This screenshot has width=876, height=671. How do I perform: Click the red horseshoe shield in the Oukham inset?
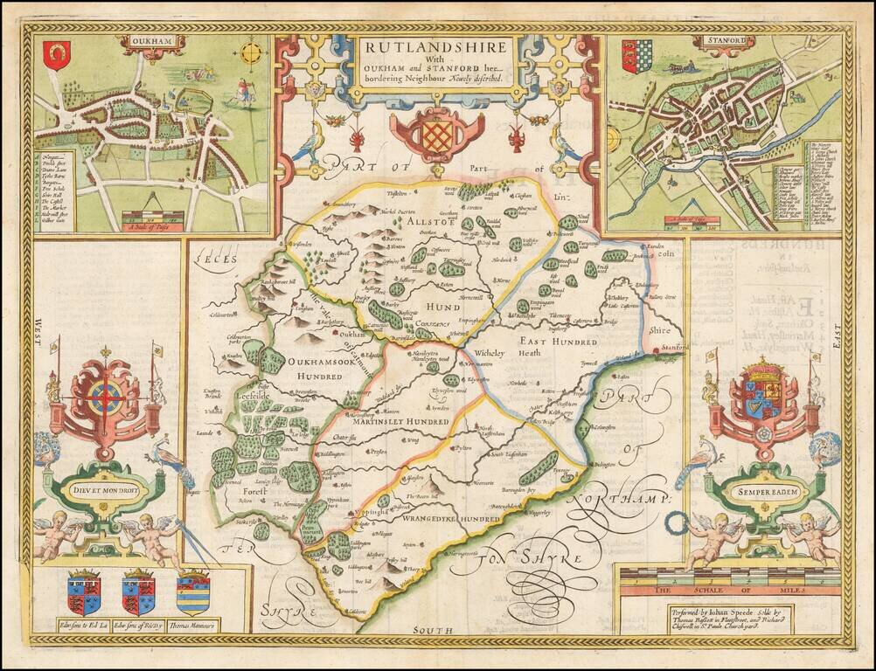(58, 54)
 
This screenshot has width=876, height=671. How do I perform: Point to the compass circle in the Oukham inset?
(250, 53)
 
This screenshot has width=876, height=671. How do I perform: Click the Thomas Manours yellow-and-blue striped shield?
(193, 593)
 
